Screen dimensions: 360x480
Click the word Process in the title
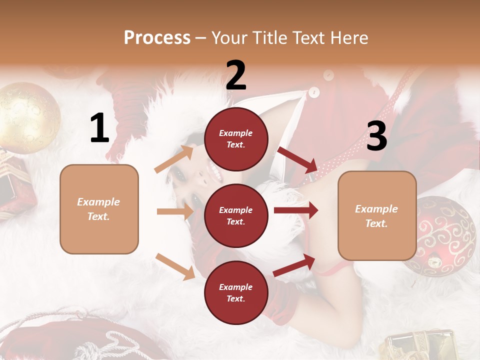pyautogui.click(x=157, y=37)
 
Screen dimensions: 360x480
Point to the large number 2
pyautogui.click(x=236, y=75)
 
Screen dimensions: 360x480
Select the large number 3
pyautogui.click(x=376, y=136)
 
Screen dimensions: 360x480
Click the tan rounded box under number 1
pyautogui.click(x=99, y=209)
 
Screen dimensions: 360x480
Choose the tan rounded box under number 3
pyautogui.click(x=377, y=215)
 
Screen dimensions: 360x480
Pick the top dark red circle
pyautogui.click(x=236, y=139)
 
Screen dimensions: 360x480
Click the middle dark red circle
pyautogui.click(x=236, y=215)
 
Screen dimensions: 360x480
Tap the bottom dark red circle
pyautogui.click(x=236, y=292)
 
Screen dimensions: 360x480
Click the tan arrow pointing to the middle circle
pyautogui.click(x=175, y=211)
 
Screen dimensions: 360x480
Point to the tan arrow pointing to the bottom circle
pyautogui.click(x=175, y=266)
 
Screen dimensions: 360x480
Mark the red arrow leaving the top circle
pyautogui.click(x=298, y=159)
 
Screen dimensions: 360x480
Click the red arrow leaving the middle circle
pyautogui.click(x=296, y=210)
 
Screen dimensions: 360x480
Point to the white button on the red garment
pyautogui.click(x=314, y=92)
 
